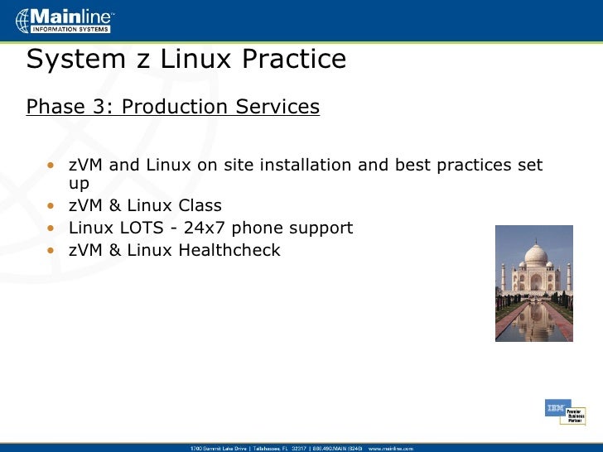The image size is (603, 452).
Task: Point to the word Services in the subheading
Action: [277, 107]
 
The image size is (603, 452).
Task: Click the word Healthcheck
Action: [229, 249]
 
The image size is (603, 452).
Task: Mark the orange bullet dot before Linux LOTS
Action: [51, 228]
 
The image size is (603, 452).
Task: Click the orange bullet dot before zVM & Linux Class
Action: [51, 206]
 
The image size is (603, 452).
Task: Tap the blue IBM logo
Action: [554, 407]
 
